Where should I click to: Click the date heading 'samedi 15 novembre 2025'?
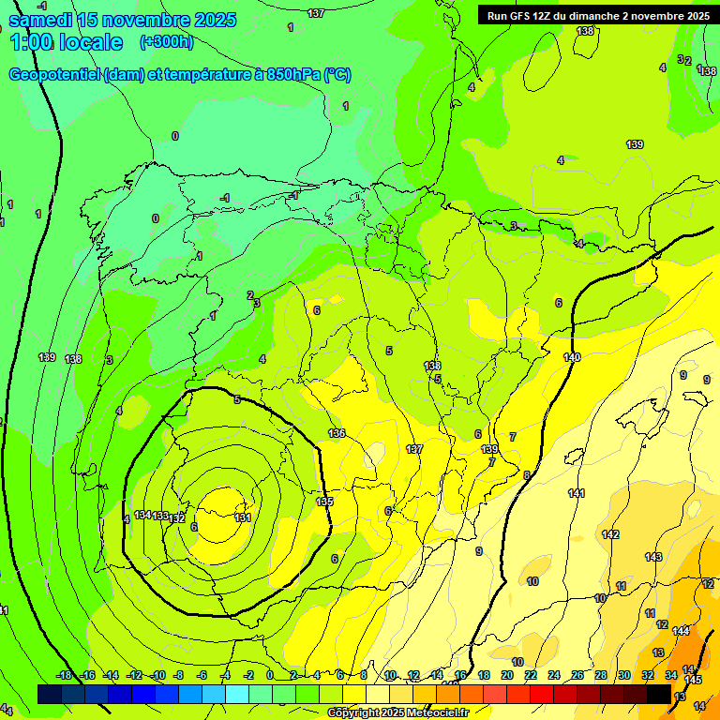pos(123,20)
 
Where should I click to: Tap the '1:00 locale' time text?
pos(67,42)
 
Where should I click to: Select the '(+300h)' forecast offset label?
pos(166,42)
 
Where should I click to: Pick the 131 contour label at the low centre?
pos(243,517)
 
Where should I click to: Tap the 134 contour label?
pos(142,515)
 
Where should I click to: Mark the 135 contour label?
pos(324,502)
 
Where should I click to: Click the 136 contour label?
pos(337,433)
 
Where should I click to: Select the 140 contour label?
pos(572,357)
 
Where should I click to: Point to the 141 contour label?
pos(577,493)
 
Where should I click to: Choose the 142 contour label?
pos(610,534)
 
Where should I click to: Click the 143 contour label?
pos(653,557)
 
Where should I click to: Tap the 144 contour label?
pos(681,631)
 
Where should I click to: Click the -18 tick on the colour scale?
pos(65,675)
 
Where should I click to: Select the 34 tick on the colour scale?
pos(671,675)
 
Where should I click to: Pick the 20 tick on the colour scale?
pos(507,675)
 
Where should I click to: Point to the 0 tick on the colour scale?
pos(270,675)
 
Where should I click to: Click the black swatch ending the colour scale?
pos(659,694)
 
